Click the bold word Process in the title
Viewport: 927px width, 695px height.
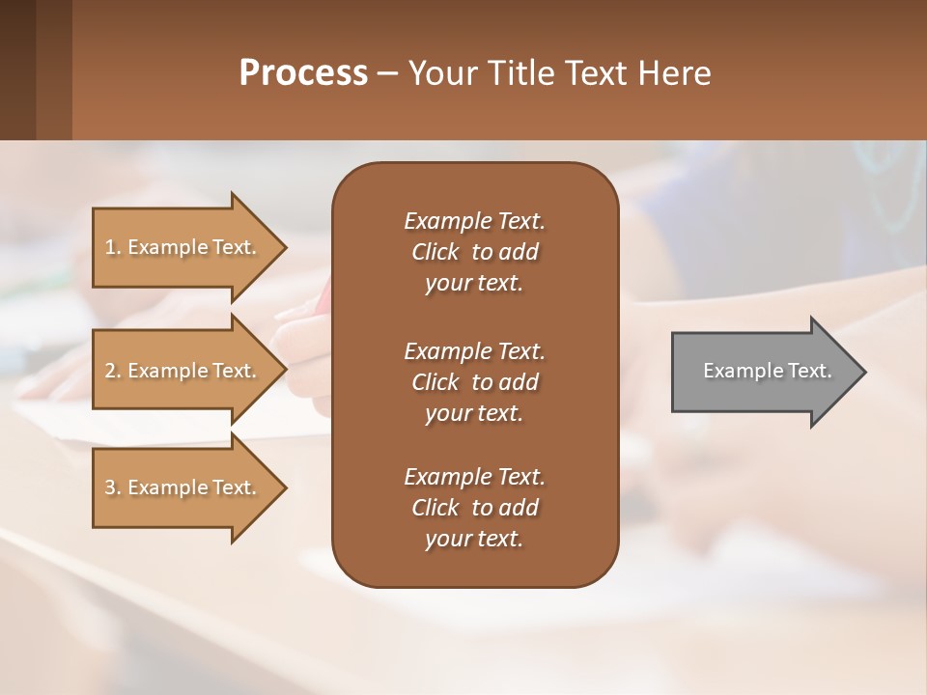coord(303,73)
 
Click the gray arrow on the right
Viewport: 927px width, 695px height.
coord(763,371)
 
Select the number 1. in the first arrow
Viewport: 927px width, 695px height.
coord(113,247)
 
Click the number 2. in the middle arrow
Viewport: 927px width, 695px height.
coord(113,371)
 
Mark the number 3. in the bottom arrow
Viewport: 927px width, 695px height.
coord(113,487)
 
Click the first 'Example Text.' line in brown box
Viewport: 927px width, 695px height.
coord(474,221)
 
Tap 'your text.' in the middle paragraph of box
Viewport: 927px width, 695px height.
coord(474,413)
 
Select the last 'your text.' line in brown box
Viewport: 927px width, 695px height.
coord(474,539)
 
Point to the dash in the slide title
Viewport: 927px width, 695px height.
coord(387,74)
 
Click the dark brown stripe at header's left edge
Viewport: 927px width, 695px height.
coord(17,69)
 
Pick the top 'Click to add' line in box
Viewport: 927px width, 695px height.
coord(474,252)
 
